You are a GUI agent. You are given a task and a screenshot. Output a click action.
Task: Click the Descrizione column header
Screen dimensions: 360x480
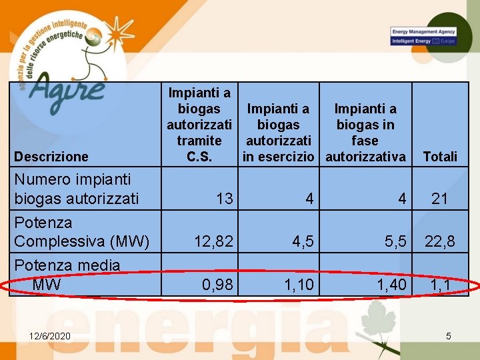(x=51, y=157)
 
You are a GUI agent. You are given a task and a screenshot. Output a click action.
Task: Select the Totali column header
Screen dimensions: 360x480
(x=440, y=157)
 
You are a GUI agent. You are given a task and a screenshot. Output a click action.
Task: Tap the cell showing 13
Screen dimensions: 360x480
(x=225, y=198)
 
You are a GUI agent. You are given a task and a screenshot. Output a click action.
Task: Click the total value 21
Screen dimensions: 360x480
(x=440, y=198)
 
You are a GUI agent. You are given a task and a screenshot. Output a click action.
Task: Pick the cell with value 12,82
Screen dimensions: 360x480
(x=213, y=241)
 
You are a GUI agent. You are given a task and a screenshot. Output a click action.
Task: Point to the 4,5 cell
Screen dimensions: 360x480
(x=301, y=241)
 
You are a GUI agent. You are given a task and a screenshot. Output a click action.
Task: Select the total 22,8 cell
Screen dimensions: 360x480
(x=440, y=241)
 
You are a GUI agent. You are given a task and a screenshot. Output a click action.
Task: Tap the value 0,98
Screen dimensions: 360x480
(x=217, y=285)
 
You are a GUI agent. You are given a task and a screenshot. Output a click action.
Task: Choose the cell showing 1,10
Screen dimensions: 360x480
(x=299, y=285)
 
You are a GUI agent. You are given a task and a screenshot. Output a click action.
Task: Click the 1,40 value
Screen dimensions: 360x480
(x=391, y=285)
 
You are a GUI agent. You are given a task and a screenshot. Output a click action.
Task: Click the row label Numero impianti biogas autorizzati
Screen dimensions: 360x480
(x=77, y=189)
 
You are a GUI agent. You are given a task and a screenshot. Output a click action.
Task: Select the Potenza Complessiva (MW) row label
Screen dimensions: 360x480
(x=81, y=231)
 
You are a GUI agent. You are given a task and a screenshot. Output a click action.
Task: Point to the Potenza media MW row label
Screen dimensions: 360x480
(x=67, y=275)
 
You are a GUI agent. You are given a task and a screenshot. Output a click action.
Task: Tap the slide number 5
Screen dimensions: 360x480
(x=448, y=335)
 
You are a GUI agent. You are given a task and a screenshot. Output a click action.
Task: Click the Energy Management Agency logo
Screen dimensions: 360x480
(x=423, y=36)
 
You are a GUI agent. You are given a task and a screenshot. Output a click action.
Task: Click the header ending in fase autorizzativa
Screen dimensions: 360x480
(x=365, y=133)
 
